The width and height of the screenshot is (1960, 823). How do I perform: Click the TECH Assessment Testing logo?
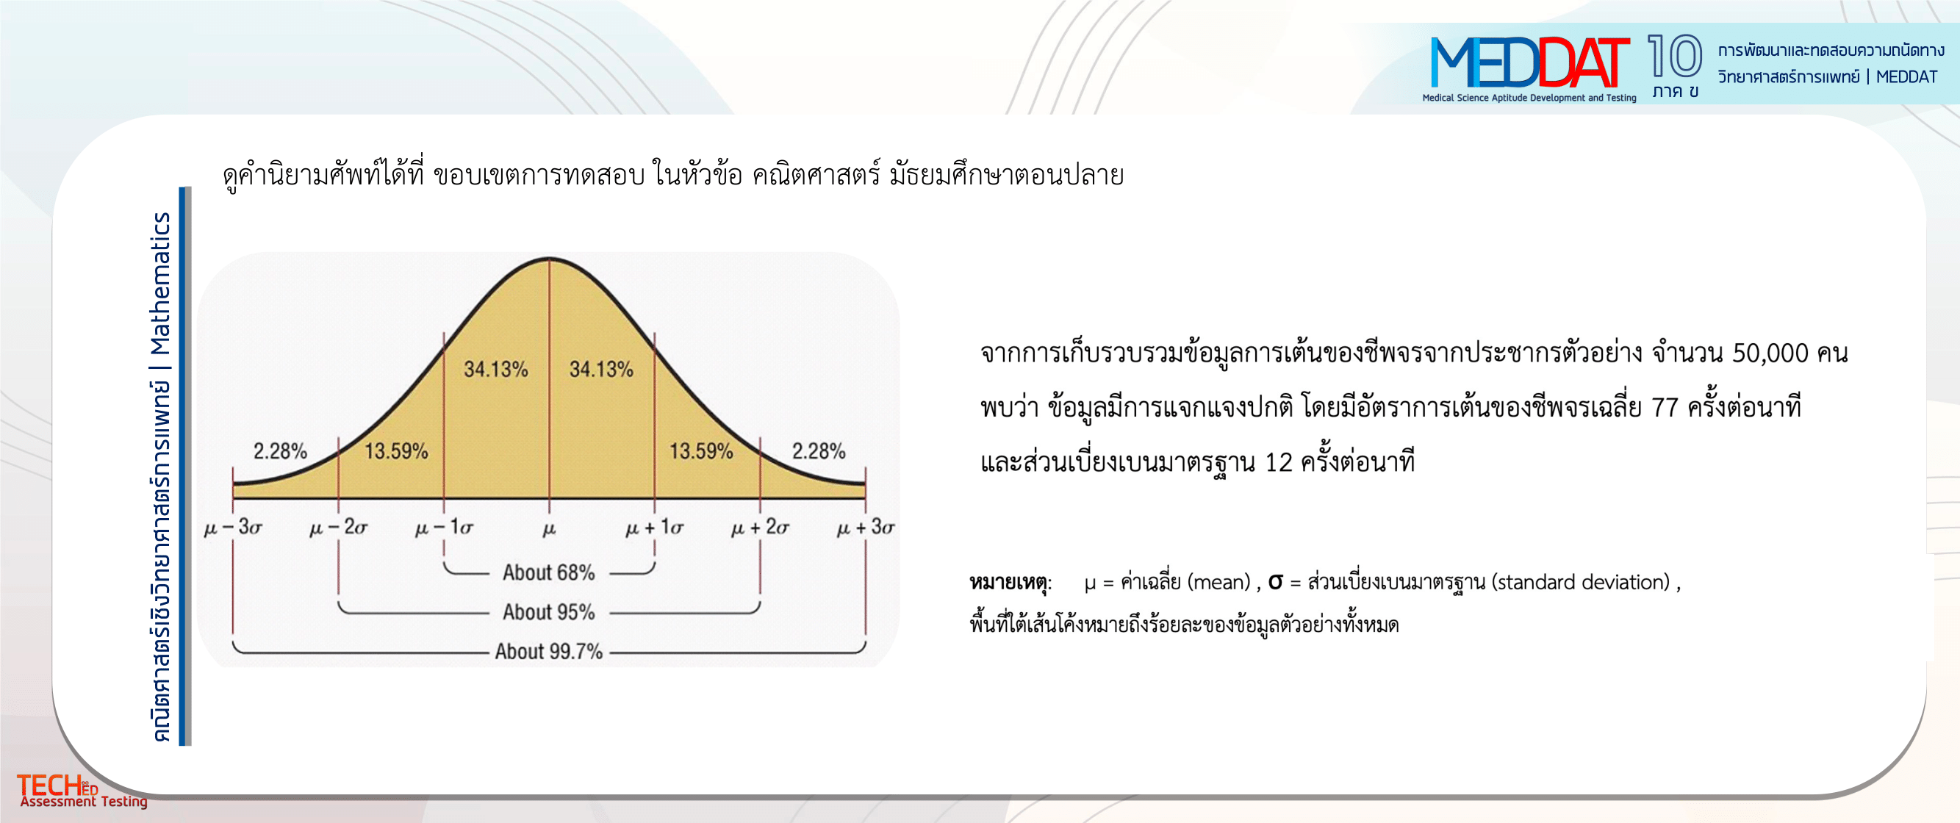(82, 790)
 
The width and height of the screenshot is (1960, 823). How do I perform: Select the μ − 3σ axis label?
(233, 526)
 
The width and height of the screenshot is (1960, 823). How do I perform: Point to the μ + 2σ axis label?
(760, 526)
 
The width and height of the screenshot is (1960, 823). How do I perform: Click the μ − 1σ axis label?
(444, 526)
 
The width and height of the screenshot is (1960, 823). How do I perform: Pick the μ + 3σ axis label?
(866, 526)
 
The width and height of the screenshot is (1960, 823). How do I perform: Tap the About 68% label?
(548, 572)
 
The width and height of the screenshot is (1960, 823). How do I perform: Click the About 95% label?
(548, 611)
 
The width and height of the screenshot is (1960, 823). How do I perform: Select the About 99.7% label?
(548, 651)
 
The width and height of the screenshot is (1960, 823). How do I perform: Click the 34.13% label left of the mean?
(496, 369)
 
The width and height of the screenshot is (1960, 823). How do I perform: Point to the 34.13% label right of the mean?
(601, 369)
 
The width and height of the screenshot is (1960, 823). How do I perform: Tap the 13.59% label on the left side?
(396, 451)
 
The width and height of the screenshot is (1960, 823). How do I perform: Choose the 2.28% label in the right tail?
(819, 451)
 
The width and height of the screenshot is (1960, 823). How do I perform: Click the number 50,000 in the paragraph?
(1770, 353)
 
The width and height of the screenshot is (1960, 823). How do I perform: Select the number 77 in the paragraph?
(1665, 408)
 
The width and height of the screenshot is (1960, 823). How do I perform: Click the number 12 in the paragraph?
(1278, 462)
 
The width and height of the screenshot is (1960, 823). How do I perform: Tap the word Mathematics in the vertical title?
(160, 284)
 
